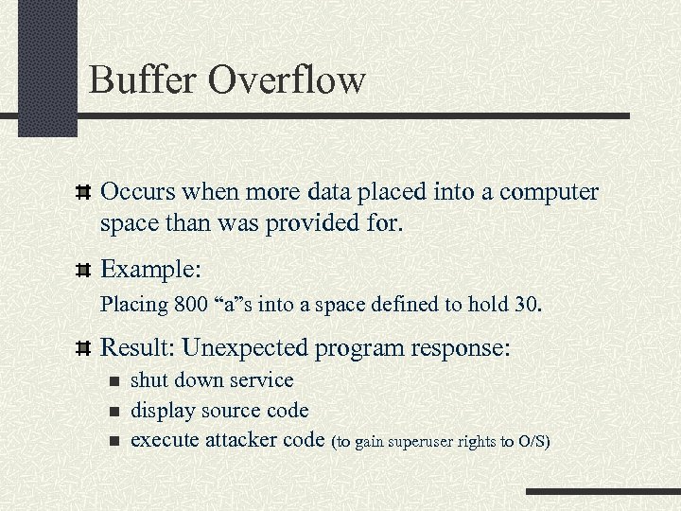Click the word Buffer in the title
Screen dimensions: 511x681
(x=144, y=79)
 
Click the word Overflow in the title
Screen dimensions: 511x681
(x=287, y=79)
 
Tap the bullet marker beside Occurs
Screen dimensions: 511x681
(x=83, y=193)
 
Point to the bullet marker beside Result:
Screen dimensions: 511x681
(x=83, y=348)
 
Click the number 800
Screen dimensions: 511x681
(x=189, y=306)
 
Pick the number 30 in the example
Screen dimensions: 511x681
(x=529, y=306)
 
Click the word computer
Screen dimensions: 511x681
(x=549, y=193)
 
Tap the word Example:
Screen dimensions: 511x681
(x=150, y=270)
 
